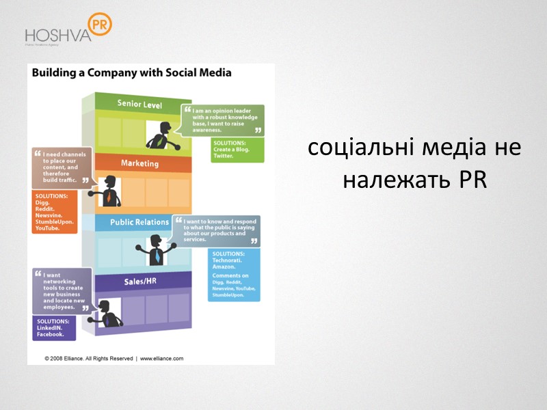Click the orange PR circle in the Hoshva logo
click(100, 25)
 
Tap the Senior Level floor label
click(139, 104)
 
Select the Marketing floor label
click(139, 163)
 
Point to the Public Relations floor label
click(139, 222)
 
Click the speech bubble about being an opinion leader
click(223, 119)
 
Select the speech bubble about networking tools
click(62, 291)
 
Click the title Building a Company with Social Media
click(129, 72)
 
